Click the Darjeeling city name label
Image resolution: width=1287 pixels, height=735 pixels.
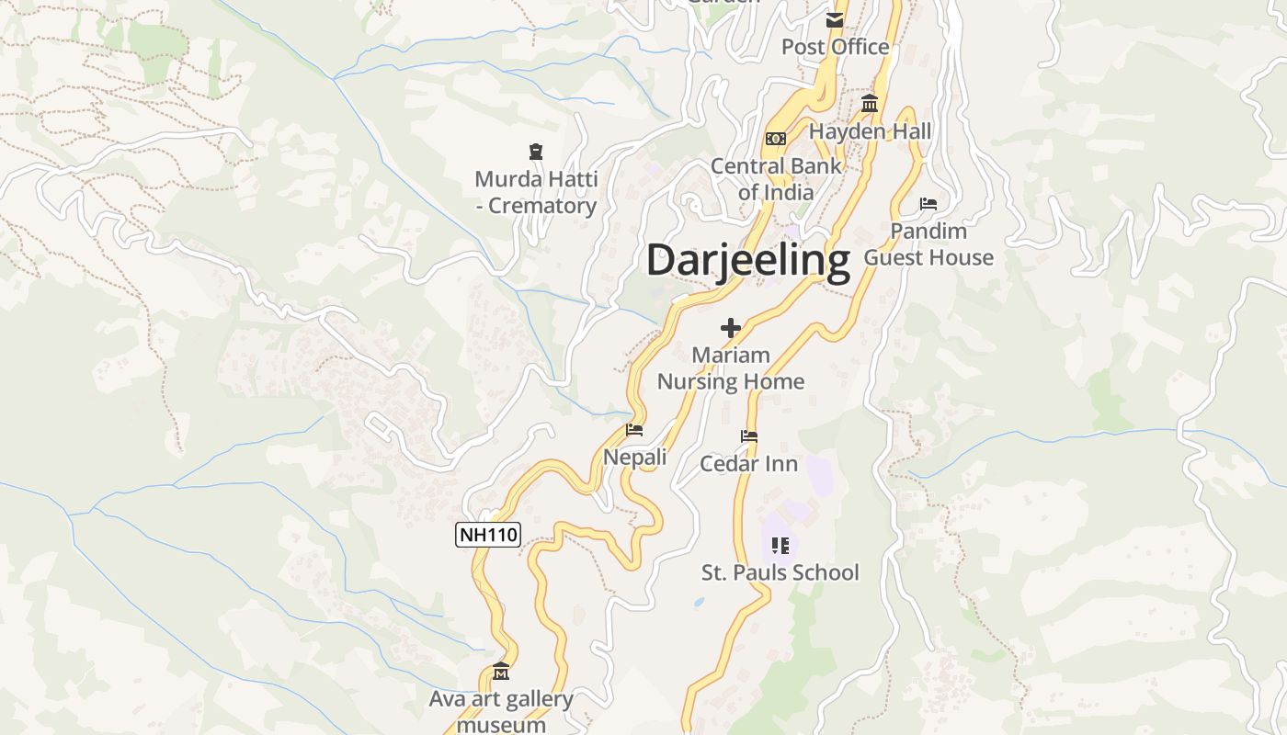(x=747, y=260)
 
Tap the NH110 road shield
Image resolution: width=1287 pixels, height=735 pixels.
(x=488, y=535)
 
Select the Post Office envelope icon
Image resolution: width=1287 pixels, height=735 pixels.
(x=835, y=20)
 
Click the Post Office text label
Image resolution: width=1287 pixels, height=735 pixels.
(x=835, y=47)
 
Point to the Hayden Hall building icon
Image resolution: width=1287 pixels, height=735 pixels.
(x=870, y=104)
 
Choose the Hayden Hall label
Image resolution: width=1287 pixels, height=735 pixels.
(x=870, y=131)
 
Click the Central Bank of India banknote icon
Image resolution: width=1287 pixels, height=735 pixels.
(x=776, y=139)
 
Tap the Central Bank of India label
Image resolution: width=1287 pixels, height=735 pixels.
(x=776, y=179)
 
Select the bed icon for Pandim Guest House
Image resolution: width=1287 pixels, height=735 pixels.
(x=928, y=203)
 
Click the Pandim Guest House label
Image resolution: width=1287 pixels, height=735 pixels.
(x=928, y=244)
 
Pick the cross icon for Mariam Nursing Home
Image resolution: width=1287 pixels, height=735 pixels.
(x=731, y=328)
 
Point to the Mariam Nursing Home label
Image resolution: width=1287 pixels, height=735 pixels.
(x=731, y=368)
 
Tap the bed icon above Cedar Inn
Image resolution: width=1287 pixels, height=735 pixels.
(x=749, y=436)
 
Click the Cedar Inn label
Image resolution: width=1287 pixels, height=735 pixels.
(x=749, y=464)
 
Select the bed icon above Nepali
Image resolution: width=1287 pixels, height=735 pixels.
(x=634, y=429)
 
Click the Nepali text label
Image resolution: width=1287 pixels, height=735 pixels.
(x=634, y=457)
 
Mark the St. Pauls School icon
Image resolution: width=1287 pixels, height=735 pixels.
(x=780, y=546)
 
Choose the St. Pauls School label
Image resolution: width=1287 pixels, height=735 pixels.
(x=780, y=573)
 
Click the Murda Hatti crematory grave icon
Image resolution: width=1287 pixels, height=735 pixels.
(x=536, y=152)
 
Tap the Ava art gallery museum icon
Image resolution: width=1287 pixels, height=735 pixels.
(x=501, y=673)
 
